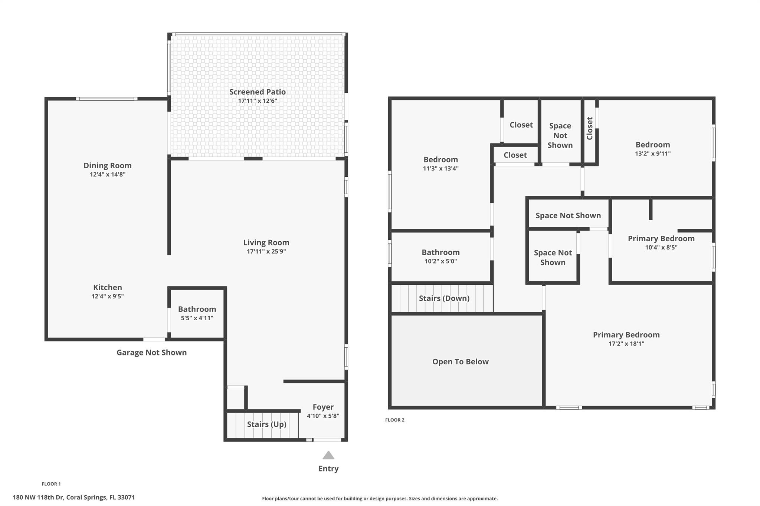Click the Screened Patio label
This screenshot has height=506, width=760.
[x=257, y=92]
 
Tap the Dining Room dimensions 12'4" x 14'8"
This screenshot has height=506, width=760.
[x=108, y=174]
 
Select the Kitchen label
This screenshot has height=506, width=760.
[x=108, y=287]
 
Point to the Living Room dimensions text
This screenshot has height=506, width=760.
[x=266, y=251]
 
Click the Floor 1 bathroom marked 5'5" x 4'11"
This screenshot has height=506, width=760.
[x=197, y=313]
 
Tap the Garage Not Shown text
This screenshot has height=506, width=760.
[x=151, y=353]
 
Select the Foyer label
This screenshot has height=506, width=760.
[x=323, y=407]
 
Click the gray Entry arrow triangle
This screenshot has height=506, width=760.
[x=328, y=455]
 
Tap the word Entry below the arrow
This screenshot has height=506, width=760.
[x=328, y=469]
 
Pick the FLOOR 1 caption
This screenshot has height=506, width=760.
[x=51, y=484]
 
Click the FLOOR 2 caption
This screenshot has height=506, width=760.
[x=395, y=420]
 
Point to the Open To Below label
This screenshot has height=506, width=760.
[x=460, y=362]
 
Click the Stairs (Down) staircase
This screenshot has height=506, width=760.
[x=442, y=298]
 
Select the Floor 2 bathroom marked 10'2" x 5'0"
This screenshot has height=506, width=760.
[x=441, y=257]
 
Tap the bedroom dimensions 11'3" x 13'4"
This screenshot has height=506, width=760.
[x=441, y=168]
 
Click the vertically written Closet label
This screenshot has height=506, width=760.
[x=590, y=128]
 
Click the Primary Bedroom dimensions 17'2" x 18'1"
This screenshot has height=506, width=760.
[x=626, y=344]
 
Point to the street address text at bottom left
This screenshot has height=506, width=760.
[x=74, y=497]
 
